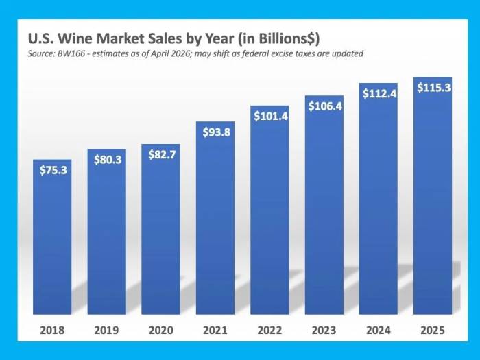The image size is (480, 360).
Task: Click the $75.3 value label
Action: (x=52, y=170)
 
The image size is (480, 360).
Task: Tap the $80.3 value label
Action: (x=106, y=160)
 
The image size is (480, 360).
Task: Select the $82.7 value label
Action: (x=160, y=154)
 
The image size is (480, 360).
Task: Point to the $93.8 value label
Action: (x=215, y=132)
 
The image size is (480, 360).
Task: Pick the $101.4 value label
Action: (x=269, y=116)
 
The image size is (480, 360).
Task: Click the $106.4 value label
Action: (x=324, y=106)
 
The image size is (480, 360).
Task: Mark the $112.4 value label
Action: (x=379, y=94)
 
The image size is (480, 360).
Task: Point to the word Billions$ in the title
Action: (x=284, y=38)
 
